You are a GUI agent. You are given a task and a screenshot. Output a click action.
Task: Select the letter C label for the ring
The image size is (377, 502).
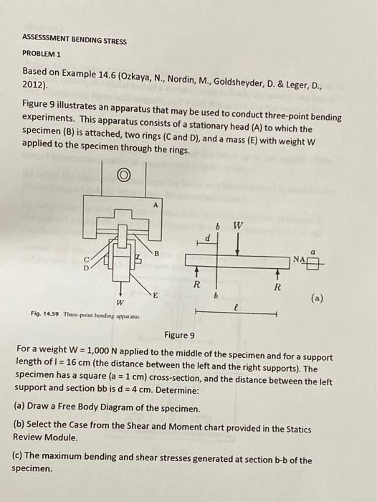pos(88,260)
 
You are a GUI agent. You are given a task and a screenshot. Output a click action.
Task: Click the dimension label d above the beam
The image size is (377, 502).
pos(207,237)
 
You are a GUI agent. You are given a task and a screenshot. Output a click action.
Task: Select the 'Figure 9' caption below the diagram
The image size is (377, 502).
pos(178,335)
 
